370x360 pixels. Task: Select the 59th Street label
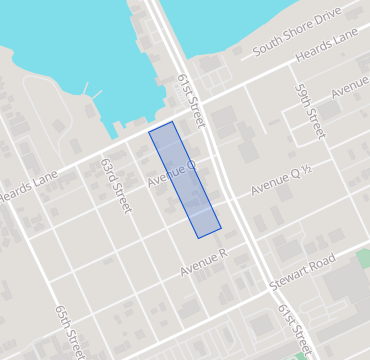coord(309,110)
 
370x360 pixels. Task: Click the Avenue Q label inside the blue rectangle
coord(171,174)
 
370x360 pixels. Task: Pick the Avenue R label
coord(204,263)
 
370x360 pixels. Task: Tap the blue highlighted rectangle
coord(185,180)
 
